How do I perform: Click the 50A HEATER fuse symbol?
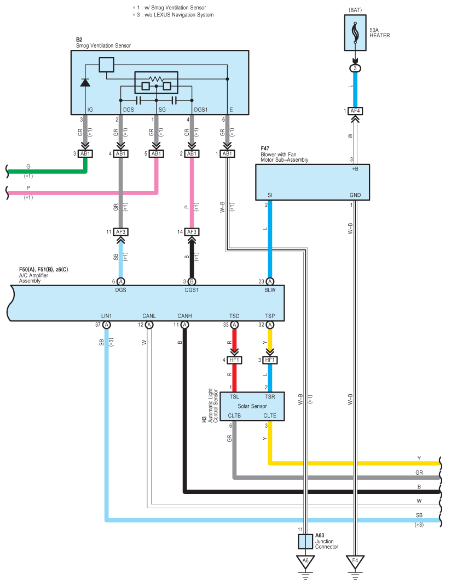[355, 33]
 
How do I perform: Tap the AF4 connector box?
[355, 111]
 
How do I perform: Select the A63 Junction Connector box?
[305, 541]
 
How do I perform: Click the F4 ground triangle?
[355, 562]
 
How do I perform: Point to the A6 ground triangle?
[305, 562]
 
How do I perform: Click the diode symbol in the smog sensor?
[85, 82]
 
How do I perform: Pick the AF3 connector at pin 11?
[120, 232]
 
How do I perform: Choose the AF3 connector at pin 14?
[192, 232]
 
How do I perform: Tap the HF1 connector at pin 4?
[234, 360]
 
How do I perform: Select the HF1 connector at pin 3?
[270, 360]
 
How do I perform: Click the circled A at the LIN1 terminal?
[107, 325]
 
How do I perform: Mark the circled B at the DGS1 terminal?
[192, 281]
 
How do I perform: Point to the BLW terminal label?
[270, 290]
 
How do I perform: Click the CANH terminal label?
[184, 316]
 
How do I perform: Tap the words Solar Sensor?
[252, 406]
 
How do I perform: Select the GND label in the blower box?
[355, 195]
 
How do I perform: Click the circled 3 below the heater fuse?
[355, 69]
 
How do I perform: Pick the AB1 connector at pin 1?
[227, 154]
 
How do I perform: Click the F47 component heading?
[265, 149]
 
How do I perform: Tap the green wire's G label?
[28, 166]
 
